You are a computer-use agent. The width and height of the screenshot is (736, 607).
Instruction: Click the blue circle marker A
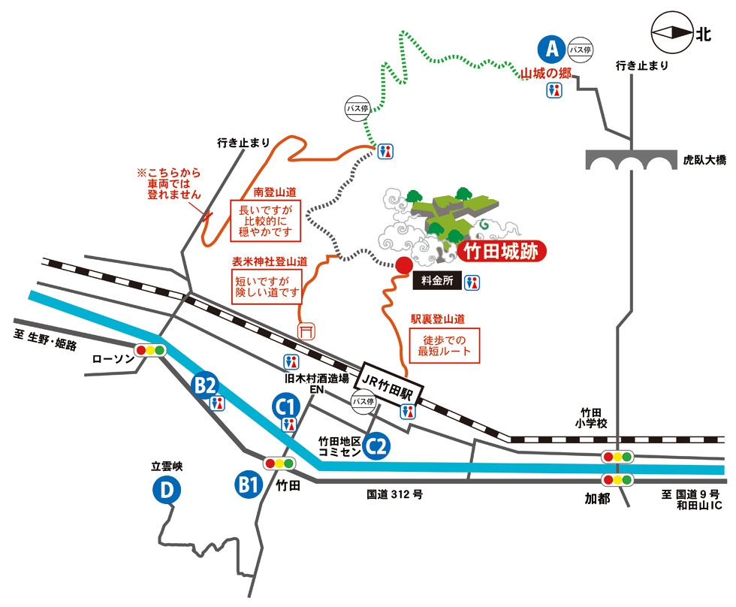click(553, 49)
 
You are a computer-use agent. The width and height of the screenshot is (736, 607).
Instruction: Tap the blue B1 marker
click(249, 484)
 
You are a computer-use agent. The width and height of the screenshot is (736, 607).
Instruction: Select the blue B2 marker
click(206, 385)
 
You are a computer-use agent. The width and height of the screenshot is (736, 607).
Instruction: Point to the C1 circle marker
click(286, 406)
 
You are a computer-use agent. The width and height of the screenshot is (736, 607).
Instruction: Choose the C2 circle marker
click(376, 446)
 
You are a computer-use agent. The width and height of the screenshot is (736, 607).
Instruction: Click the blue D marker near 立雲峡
click(167, 490)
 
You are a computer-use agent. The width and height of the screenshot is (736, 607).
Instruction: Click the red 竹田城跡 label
click(502, 252)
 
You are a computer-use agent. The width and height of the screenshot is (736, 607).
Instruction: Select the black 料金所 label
click(437, 281)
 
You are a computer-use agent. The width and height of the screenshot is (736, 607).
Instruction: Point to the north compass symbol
click(673, 32)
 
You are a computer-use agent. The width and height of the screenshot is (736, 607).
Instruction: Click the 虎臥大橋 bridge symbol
click(632, 160)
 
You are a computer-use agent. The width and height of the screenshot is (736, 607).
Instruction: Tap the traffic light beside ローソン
click(150, 350)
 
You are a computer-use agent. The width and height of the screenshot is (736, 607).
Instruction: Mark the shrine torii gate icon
click(306, 331)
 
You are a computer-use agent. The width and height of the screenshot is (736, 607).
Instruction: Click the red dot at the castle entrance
click(404, 265)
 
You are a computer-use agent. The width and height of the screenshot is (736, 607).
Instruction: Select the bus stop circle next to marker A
click(580, 50)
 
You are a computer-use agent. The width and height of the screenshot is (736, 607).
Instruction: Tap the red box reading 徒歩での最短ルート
click(445, 346)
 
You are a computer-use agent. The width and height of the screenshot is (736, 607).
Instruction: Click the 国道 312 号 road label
click(395, 494)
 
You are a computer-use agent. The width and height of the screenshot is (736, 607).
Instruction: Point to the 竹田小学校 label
click(591, 418)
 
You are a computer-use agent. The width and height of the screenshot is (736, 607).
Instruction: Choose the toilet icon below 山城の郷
click(554, 90)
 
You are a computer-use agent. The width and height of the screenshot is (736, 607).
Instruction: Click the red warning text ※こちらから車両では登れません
click(170, 183)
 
